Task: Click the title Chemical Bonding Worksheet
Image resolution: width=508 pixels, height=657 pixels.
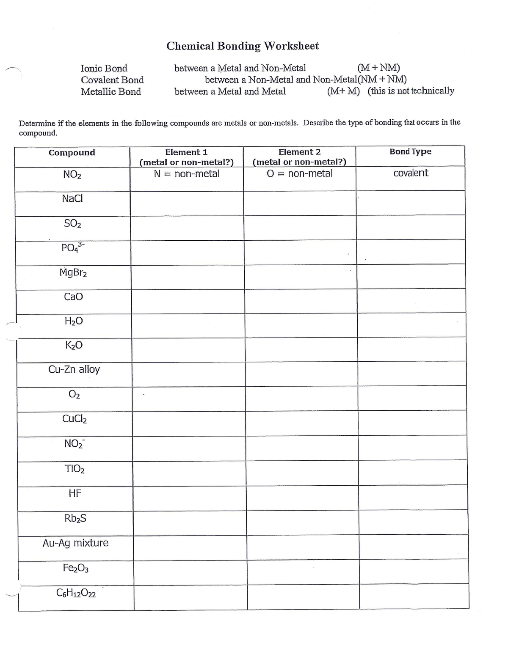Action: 242,46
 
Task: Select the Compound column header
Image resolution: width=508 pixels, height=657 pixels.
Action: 72,153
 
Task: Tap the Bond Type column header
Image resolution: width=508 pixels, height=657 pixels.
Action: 410,151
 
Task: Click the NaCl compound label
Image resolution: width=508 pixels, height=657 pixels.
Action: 72,198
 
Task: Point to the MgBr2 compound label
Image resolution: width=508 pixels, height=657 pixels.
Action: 73,272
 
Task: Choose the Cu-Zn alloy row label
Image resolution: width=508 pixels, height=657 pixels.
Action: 74,369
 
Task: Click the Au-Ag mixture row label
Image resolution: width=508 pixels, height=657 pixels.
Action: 75,543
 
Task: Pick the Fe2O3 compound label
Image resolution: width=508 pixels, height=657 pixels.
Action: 75,568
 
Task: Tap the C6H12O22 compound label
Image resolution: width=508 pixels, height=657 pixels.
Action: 76,594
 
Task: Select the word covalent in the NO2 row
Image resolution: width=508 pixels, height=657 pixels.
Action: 411,173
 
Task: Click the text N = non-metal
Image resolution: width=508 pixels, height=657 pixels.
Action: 186,174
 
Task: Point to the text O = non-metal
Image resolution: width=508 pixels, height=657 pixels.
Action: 299,173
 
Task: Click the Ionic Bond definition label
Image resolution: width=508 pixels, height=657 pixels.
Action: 104,68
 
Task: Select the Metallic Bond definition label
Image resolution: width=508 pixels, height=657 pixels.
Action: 110,91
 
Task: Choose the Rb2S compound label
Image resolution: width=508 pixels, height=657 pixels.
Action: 75,518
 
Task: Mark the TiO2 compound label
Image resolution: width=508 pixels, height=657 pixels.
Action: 75,469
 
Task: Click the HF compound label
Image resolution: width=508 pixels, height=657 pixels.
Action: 75,493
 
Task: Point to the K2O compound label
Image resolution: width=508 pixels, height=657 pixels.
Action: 74,345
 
